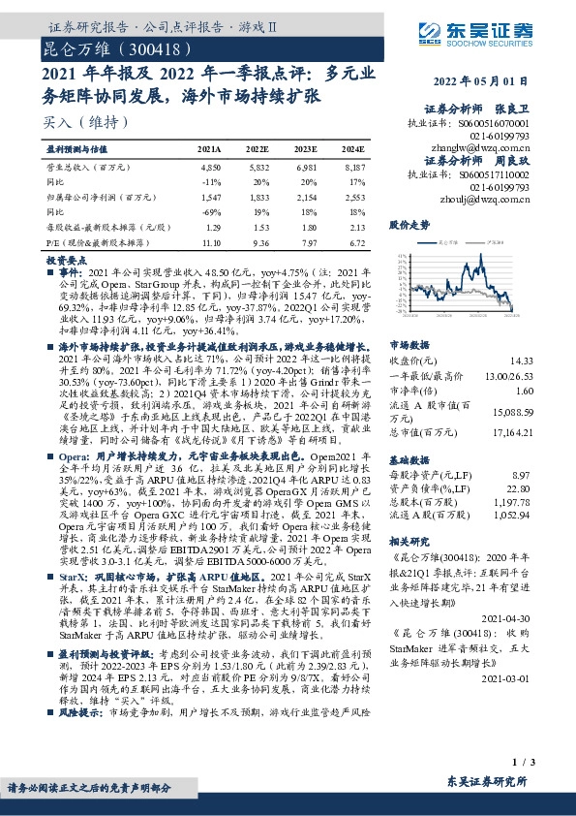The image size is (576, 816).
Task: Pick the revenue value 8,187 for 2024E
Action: pyautogui.click(x=352, y=167)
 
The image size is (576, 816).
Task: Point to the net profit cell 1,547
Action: pyautogui.click(x=210, y=196)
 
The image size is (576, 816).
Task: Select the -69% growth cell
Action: pyautogui.click(x=211, y=210)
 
